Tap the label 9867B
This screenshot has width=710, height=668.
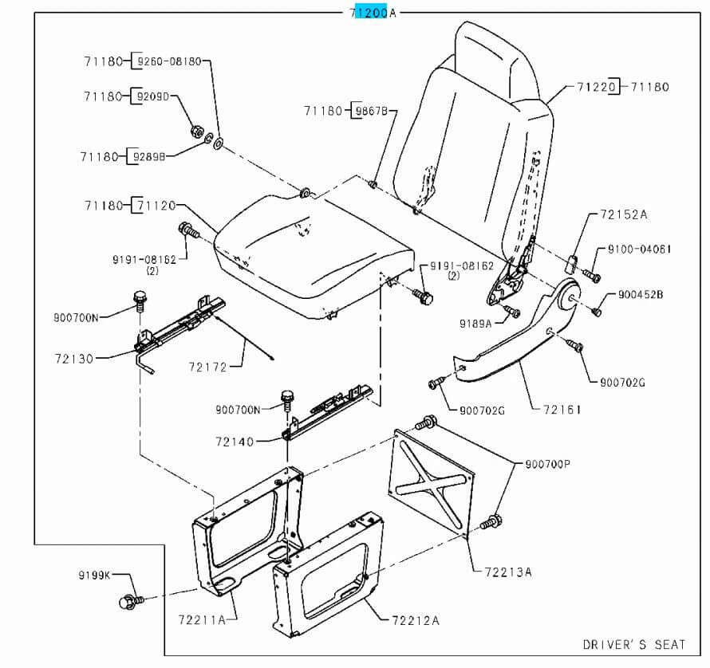[x=371, y=111]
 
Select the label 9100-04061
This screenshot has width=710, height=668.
[x=639, y=249]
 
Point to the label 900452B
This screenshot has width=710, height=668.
[x=641, y=295]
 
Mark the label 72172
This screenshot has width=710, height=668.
[x=207, y=367]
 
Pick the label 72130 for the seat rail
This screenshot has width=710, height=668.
[x=72, y=359]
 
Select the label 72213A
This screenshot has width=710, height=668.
[x=507, y=572]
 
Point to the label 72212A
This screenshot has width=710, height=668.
[x=415, y=619]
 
